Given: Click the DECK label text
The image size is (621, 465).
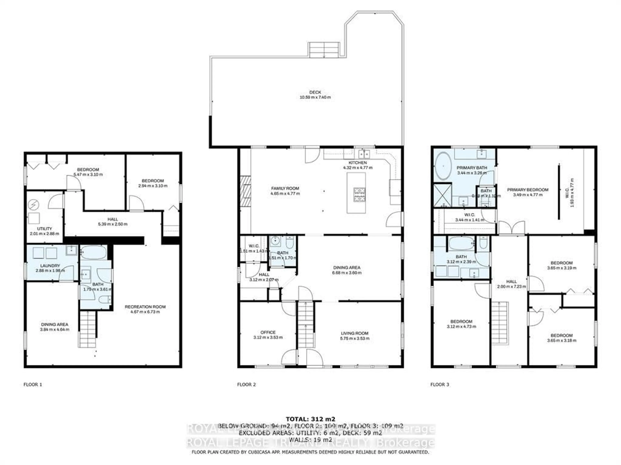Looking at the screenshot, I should (315, 92).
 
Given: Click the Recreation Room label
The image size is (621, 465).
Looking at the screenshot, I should (145, 307).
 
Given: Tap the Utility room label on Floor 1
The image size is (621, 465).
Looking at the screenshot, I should (44, 229).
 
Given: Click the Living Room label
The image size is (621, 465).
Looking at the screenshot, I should (354, 333).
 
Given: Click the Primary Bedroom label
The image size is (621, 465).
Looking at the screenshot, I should (528, 190).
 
